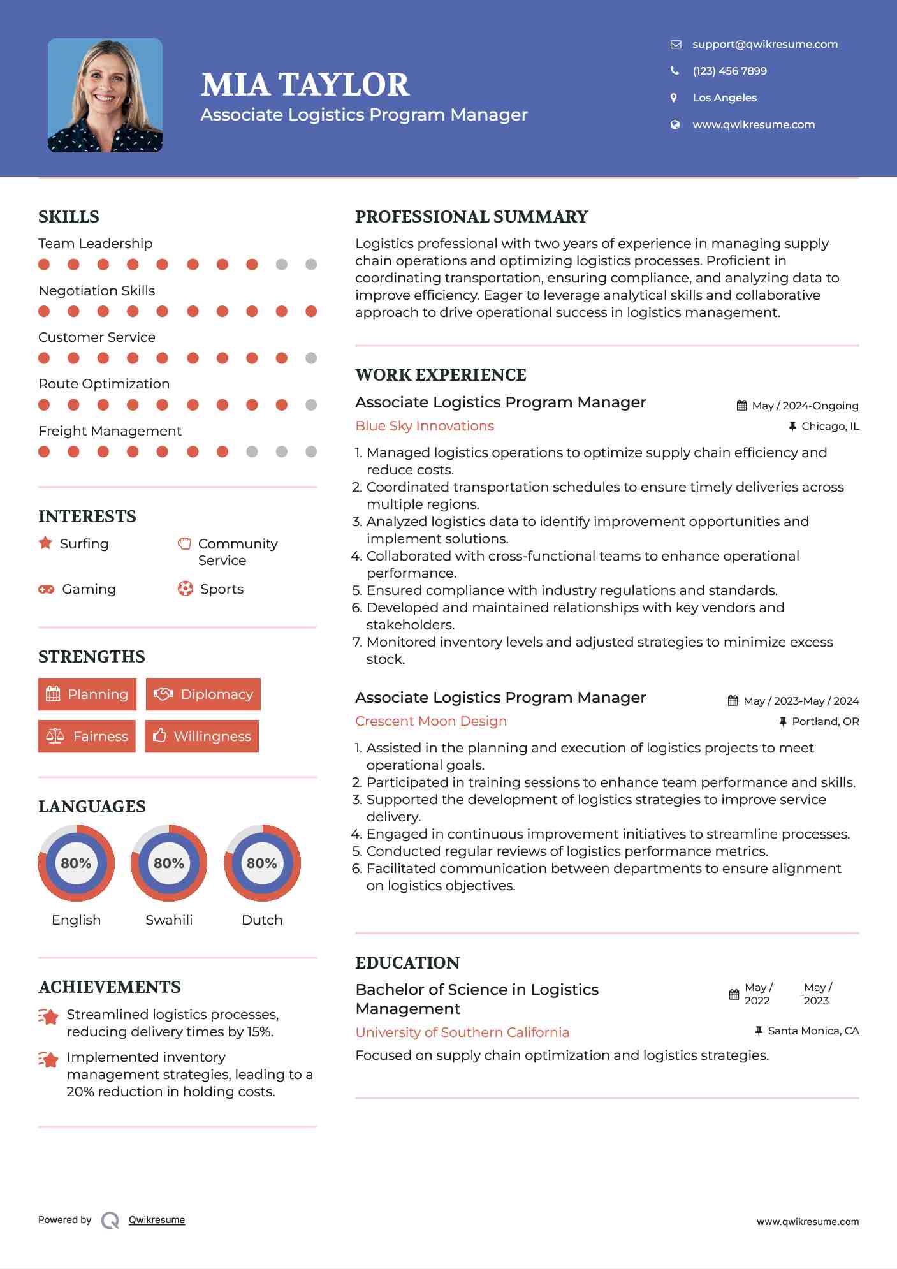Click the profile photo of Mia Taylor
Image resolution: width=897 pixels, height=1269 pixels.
pyautogui.click(x=105, y=95)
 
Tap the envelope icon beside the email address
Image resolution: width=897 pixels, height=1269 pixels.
pyautogui.click(x=676, y=44)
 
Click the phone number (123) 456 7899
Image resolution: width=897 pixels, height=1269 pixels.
pyautogui.click(x=729, y=71)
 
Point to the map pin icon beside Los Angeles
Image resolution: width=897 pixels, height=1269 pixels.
pyautogui.click(x=674, y=98)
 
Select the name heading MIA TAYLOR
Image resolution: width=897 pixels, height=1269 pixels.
pyautogui.click(x=305, y=85)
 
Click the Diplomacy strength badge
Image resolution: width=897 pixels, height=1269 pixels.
pyautogui.click(x=203, y=694)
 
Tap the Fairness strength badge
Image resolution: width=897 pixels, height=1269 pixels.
pyautogui.click(x=87, y=736)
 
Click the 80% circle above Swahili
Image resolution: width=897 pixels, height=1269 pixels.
pyautogui.click(x=169, y=863)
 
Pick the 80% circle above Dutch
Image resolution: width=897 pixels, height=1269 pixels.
pyautogui.click(x=262, y=863)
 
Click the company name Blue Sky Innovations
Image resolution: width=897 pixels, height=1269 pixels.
pyautogui.click(x=425, y=426)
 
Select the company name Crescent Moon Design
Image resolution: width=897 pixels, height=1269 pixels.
pyautogui.click(x=431, y=721)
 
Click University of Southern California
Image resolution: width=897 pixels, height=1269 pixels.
pyautogui.click(x=462, y=1032)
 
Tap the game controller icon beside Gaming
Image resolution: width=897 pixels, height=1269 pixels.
pyautogui.click(x=46, y=589)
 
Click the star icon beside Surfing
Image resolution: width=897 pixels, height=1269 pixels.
pyautogui.click(x=45, y=543)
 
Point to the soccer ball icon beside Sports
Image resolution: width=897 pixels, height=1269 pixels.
pyautogui.click(x=185, y=589)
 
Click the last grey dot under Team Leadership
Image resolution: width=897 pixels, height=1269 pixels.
pyautogui.click(x=311, y=265)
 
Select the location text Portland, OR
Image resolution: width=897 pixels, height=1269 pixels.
pyautogui.click(x=825, y=721)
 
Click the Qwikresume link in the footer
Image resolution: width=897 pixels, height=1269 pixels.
pyautogui.click(x=157, y=1220)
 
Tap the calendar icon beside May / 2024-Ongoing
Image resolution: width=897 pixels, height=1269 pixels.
pyautogui.click(x=741, y=406)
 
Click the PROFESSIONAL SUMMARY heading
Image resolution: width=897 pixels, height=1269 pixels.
pyautogui.click(x=472, y=217)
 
